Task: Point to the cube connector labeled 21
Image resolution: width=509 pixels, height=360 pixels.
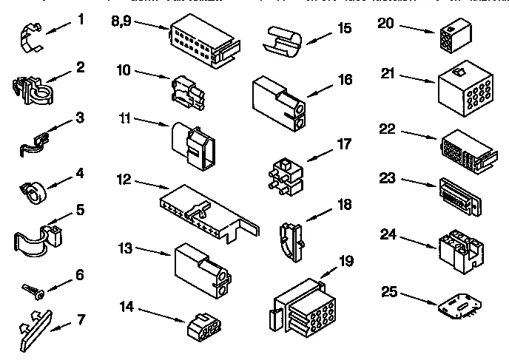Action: (463, 89)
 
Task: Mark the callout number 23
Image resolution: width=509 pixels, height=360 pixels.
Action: (388, 177)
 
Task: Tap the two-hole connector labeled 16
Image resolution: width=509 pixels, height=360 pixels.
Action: (280, 101)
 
